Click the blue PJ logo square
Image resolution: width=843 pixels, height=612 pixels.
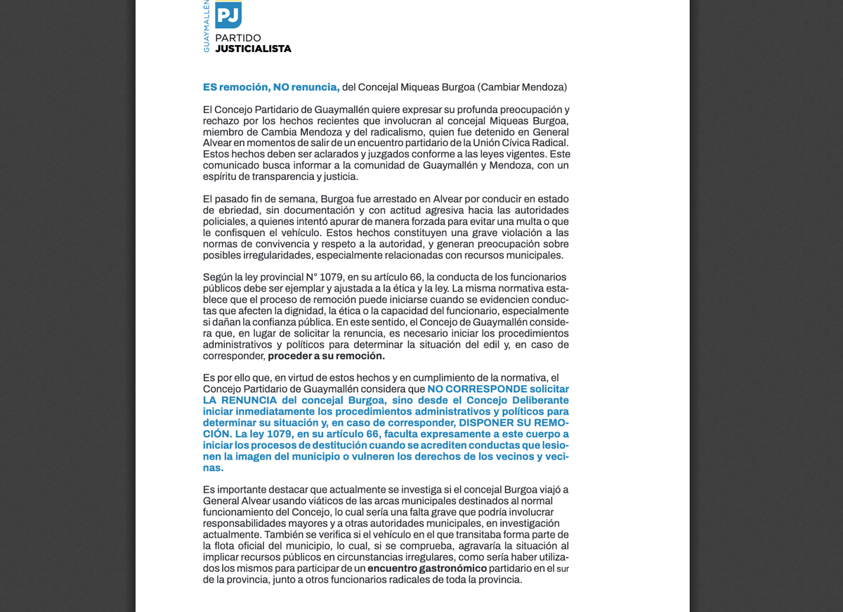[228, 14]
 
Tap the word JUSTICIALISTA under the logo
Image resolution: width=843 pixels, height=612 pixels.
[253, 49]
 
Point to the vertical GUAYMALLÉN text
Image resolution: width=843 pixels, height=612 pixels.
[207, 26]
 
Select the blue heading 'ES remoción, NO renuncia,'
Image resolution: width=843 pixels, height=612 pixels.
[271, 87]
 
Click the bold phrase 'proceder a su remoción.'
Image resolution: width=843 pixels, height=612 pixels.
[326, 356]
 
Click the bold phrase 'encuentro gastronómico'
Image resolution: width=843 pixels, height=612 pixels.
[426, 568]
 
